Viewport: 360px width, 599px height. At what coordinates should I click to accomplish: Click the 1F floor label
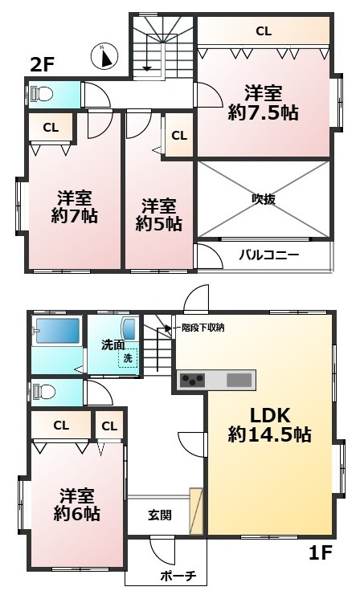(321, 552)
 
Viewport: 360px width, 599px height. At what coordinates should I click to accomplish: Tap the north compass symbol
(106, 55)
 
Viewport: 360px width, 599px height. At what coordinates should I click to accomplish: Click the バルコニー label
(269, 255)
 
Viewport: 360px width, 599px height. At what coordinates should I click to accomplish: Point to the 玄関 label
(159, 515)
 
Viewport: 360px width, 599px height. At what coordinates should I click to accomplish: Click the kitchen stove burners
(192, 380)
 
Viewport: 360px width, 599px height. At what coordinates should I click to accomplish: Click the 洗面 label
(112, 344)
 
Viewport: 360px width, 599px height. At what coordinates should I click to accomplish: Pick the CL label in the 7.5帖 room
(263, 31)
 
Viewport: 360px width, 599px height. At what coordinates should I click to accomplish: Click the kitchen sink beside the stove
(239, 380)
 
